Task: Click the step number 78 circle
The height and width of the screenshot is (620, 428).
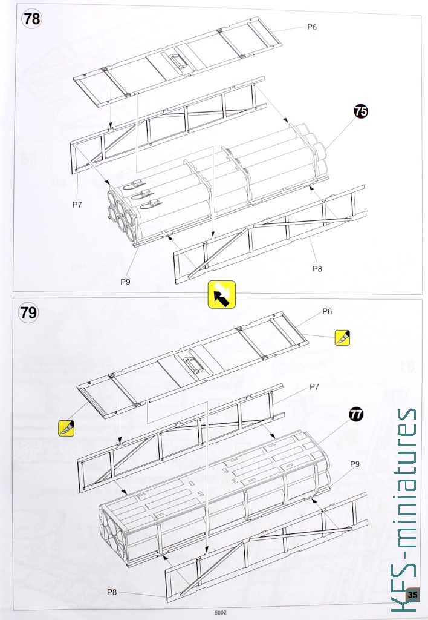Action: click(31, 19)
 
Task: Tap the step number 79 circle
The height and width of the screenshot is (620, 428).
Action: click(28, 312)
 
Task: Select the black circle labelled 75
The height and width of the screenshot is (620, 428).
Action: click(360, 111)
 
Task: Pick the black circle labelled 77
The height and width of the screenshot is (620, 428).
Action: click(355, 414)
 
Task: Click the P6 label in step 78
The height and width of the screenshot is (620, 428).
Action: click(312, 27)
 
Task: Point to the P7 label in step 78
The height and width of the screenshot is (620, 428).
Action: click(77, 205)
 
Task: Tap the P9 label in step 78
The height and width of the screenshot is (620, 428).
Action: click(125, 282)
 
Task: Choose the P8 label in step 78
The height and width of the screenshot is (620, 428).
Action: click(317, 269)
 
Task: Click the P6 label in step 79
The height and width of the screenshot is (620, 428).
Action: click(327, 312)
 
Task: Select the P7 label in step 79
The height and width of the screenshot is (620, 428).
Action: click(314, 387)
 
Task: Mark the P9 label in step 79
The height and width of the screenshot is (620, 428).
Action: click(355, 464)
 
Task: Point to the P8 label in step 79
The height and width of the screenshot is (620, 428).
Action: click(112, 592)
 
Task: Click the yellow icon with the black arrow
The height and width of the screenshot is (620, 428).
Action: click(221, 295)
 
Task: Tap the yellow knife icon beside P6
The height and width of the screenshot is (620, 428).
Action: click(342, 337)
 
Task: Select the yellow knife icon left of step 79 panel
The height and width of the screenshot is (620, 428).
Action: click(66, 428)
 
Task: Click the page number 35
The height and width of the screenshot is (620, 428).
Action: click(412, 595)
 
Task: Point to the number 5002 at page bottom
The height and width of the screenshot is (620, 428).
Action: click(221, 613)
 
